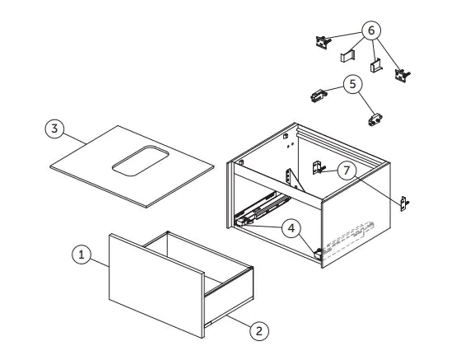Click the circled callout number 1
(81, 254)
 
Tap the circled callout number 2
(259, 331)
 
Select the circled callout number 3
(54, 129)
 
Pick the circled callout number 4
(291, 228)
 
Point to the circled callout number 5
(352, 84)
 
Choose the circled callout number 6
(371, 30)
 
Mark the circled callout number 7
(347, 171)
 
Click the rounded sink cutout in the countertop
(140, 161)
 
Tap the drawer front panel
(156, 285)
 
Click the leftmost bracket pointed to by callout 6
(323, 41)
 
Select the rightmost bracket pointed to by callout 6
(402, 75)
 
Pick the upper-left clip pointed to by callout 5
(318, 96)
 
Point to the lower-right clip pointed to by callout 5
(375, 119)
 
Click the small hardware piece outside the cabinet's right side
(404, 203)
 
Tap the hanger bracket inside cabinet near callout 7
(318, 168)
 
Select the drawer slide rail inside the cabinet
(262, 208)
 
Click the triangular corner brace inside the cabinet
(294, 180)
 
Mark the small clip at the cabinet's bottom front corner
(318, 253)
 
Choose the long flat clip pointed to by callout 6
(347, 55)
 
